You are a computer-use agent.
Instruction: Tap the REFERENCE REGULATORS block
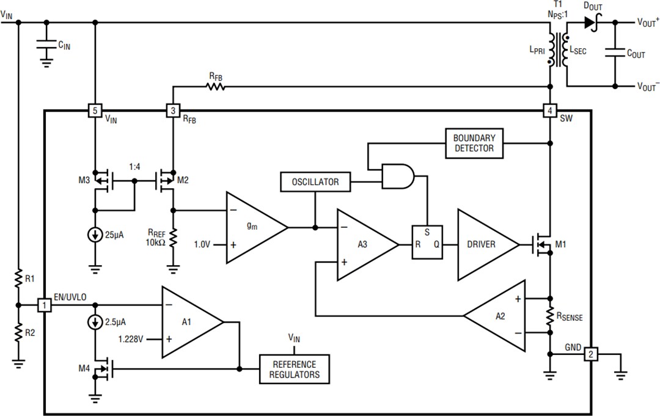[x=295, y=369]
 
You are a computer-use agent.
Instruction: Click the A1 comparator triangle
[x=188, y=321]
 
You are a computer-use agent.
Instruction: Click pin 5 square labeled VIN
[x=95, y=111]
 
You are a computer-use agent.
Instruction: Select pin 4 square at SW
[x=550, y=111]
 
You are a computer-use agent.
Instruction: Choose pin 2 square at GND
[x=590, y=354]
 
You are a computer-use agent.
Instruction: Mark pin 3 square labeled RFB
[x=173, y=111]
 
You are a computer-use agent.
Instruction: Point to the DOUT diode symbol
[x=590, y=23]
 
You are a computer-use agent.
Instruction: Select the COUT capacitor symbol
[x=615, y=54]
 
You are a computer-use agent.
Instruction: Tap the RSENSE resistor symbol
[x=550, y=316]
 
